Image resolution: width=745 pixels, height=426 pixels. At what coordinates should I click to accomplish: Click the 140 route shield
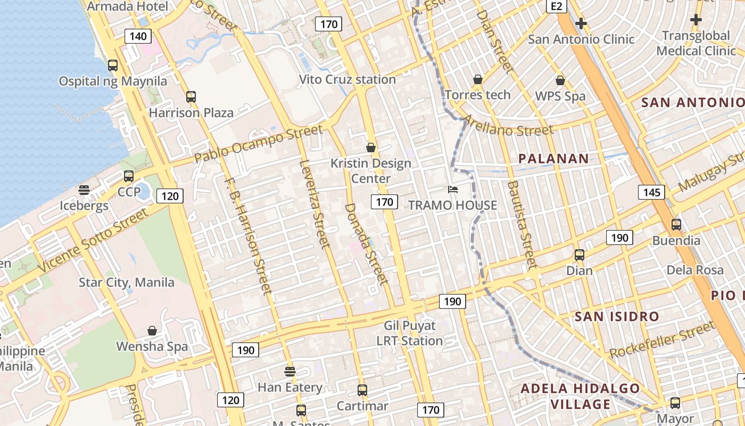tap(138, 36)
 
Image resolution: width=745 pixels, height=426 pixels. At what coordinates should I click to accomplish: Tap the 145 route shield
tap(651, 192)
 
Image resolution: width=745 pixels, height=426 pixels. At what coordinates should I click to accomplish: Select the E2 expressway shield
tap(557, 6)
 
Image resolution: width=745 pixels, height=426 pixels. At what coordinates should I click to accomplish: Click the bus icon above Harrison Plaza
tap(191, 96)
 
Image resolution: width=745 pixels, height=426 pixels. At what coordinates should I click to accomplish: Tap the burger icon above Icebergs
tap(84, 190)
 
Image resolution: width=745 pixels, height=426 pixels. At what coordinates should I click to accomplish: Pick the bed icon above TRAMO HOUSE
tap(452, 190)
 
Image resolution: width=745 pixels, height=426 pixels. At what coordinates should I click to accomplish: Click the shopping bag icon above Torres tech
tap(478, 79)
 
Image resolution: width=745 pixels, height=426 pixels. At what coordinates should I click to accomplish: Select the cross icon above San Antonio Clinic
tap(581, 23)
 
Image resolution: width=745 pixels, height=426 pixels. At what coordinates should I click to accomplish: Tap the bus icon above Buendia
tap(676, 224)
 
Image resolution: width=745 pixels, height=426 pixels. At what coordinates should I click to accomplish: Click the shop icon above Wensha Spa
tap(152, 331)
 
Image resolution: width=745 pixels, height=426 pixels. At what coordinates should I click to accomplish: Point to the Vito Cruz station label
tap(347, 79)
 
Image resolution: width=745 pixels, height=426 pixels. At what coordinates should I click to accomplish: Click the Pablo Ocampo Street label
tap(258, 144)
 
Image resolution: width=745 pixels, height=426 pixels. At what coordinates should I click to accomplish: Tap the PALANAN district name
tap(553, 158)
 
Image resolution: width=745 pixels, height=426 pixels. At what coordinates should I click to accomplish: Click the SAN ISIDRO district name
tap(617, 316)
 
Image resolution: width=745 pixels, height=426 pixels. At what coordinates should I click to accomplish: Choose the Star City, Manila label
tap(127, 282)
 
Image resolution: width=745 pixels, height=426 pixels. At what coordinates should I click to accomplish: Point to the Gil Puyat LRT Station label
tap(410, 333)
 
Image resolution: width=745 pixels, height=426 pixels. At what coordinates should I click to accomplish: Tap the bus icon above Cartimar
tap(362, 390)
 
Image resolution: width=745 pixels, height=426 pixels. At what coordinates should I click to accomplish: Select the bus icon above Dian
tap(579, 255)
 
